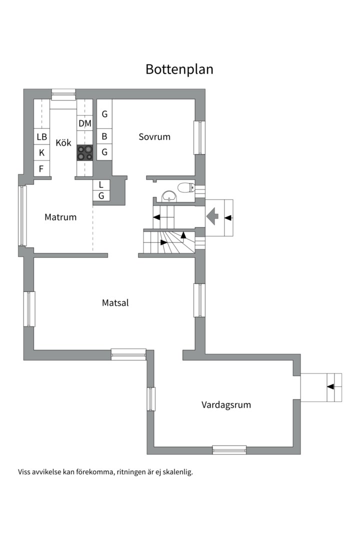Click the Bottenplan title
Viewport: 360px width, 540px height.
pyautogui.click(x=179, y=69)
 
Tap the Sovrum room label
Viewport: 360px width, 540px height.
pyautogui.click(x=154, y=136)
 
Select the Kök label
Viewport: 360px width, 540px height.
pyautogui.click(x=63, y=142)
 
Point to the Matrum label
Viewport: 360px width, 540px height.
pyautogui.click(x=60, y=217)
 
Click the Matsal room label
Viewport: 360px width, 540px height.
pyautogui.click(x=115, y=302)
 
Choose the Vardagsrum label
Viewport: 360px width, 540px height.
pyautogui.click(x=226, y=404)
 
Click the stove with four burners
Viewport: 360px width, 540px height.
pyautogui.click(x=84, y=152)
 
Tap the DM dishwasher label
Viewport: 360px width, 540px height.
pyautogui.click(x=84, y=123)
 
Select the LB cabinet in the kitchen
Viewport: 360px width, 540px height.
pyautogui.click(x=41, y=136)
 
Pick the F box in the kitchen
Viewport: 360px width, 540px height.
pyautogui.click(x=41, y=169)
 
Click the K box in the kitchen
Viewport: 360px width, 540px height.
pyautogui.click(x=41, y=152)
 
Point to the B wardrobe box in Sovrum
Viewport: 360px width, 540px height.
pyautogui.click(x=104, y=136)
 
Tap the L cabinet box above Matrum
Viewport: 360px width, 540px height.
pyautogui.click(x=101, y=184)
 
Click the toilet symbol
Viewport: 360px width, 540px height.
pyautogui.click(x=186, y=187)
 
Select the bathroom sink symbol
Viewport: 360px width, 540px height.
pyautogui.click(x=169, y=195)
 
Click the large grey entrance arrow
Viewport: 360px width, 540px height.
pyautogui.click(x=212, y=216)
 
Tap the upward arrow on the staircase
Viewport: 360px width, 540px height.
pyautogui.click(x=183, y=235)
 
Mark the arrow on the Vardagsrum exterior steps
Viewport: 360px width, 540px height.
pyautogui.click(x=330, y=386)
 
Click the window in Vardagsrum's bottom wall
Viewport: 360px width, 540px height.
pyautogui.click(x=229, y=450)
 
